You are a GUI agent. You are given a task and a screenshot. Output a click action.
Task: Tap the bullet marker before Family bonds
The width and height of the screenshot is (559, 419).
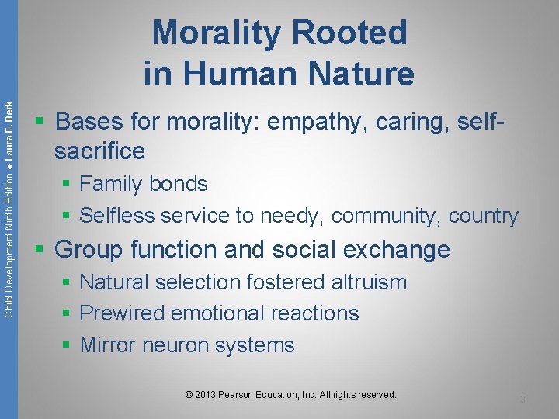tap(67, 185)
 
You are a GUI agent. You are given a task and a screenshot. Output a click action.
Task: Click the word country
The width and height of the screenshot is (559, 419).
tap(483, 216)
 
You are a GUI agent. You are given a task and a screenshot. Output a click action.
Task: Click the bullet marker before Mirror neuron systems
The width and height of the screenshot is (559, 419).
tap(67, 345)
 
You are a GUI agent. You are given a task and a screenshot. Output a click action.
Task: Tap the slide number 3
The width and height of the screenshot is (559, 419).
tap(523, 400)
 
